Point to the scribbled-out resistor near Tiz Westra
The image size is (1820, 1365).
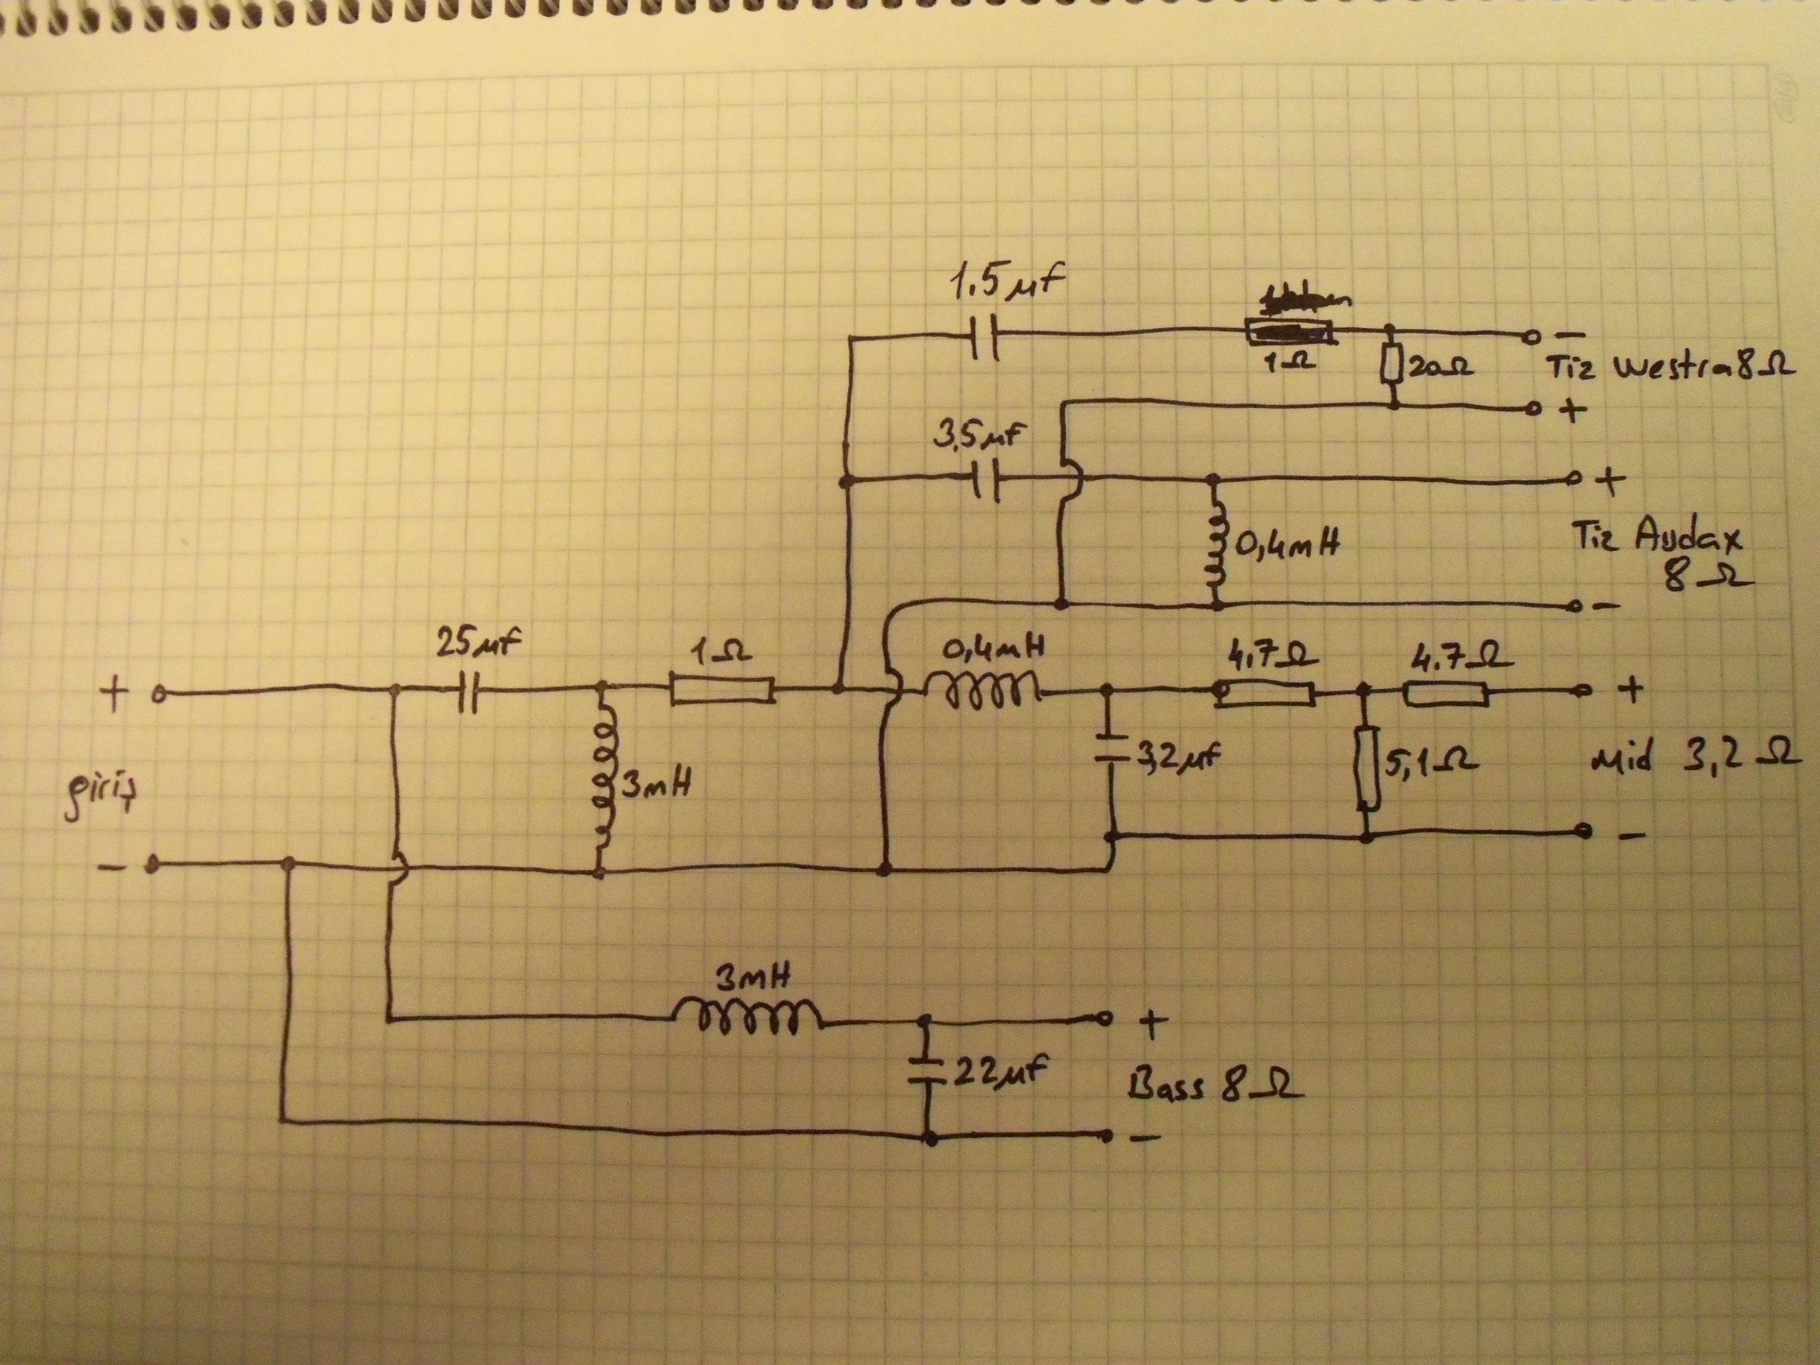coord(1290,332)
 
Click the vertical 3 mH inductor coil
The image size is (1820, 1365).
coord(605,780)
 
